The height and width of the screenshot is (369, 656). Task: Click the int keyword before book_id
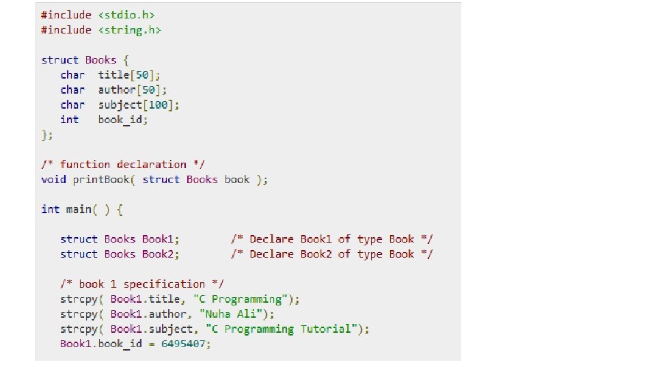[69, 120]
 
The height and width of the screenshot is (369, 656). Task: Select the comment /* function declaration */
[123, 164]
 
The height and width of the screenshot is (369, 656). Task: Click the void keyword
[53, 179]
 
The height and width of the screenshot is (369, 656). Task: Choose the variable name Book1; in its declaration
[161, 239]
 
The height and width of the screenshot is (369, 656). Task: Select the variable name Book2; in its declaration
[161, 254]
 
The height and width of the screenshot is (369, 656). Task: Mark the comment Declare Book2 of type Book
[331, 254]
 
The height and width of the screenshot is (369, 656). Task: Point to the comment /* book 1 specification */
[142, 284]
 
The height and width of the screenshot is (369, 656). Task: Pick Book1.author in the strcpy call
[148, 314]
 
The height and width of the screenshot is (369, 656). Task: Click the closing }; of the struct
[46, 135]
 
